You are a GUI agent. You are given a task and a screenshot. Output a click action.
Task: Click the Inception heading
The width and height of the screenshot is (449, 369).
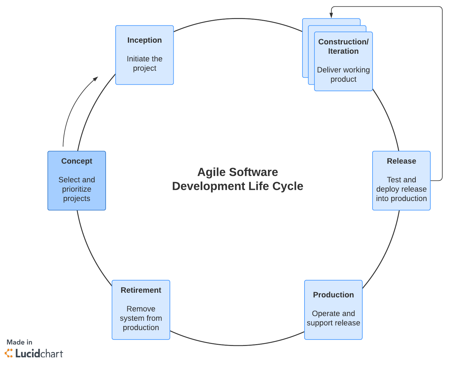[x=145, y=40]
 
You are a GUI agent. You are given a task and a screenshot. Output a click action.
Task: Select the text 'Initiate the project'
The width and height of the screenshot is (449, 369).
[x=145, y=63]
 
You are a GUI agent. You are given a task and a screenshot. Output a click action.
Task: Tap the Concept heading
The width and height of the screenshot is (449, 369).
[x=77, y=161]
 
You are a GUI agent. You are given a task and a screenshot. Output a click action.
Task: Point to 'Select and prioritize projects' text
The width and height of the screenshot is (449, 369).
[x=77, y=189]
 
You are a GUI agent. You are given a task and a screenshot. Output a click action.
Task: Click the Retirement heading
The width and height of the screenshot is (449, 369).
[x=141, y=290]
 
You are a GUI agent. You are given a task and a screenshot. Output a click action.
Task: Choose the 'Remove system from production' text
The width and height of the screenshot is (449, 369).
[x=141, y=318]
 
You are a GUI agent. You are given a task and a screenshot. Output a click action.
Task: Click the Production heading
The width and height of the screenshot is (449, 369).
[x=333, y=295]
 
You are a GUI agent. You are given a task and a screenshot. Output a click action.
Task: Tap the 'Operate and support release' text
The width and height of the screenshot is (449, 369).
[x=333, y=318]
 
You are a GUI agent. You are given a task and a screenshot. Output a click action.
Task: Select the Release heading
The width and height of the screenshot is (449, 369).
[x=401, y=161]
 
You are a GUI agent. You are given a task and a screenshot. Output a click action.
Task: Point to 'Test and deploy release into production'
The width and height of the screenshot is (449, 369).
[x=401, y=189]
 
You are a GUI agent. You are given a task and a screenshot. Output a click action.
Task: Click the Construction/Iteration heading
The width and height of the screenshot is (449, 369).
[x=343, y=46]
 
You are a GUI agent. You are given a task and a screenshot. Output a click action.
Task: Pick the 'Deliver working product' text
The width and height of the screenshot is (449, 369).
[x=343, y=75]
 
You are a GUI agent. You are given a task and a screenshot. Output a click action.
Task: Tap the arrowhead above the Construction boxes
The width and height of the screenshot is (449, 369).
[x=331, y=15]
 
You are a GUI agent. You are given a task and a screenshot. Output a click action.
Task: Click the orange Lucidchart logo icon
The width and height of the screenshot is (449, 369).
[x=9, y=353]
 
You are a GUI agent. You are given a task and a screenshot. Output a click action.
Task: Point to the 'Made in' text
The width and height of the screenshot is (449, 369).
[x=20, y=342]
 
